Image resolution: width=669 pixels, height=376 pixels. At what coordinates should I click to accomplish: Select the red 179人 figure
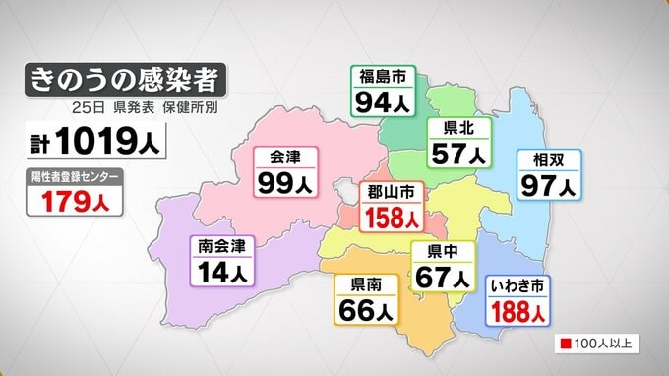(x=76, y=203)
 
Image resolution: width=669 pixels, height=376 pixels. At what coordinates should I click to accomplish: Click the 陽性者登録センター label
(x=76, y=177)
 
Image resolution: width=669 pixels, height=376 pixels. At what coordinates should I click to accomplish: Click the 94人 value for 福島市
(x=383, y=102)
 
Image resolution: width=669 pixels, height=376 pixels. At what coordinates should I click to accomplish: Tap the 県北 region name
(x=457, y=129)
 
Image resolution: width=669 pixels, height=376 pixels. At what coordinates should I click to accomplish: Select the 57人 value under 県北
(x=457, y=154)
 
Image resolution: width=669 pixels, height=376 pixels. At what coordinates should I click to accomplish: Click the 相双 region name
(x=549, y=158)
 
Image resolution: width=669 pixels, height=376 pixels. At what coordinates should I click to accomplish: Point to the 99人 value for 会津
(x=284, y=183)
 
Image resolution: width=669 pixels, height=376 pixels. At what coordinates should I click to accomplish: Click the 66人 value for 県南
(x=366, y=312)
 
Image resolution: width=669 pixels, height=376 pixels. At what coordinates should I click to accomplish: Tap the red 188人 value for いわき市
(x=518, y=312)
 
